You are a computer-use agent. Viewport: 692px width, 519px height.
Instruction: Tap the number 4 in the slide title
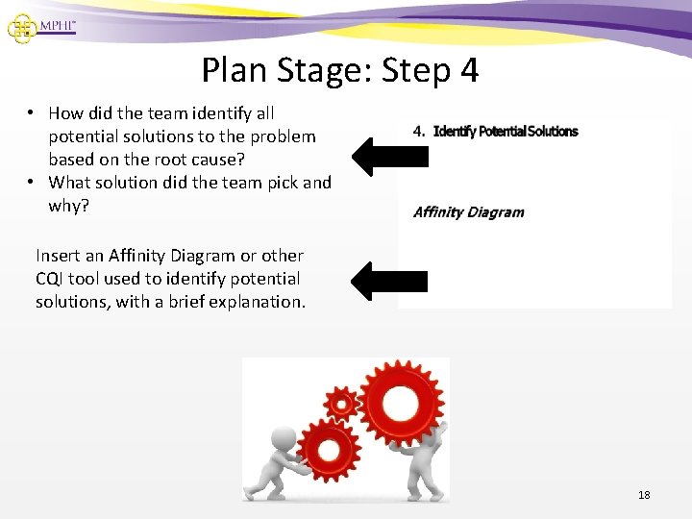(x=468, y=70)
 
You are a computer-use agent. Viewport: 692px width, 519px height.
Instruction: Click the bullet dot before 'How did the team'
(x=32, y=113)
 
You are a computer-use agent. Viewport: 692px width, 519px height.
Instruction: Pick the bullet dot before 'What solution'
(x=32, y=183)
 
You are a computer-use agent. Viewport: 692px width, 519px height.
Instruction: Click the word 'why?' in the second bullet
(x=68, y=206)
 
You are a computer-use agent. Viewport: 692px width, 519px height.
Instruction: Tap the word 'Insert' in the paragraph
(x=58, y=256)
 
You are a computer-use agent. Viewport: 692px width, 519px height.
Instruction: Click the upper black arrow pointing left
(x=388, y=154)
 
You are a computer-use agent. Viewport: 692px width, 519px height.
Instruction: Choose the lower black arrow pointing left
(x=388, y=281)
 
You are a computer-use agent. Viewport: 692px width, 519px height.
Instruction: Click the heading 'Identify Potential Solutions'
(x=506, y=131)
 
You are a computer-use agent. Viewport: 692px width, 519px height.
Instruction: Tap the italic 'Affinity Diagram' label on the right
(x=468, y=212)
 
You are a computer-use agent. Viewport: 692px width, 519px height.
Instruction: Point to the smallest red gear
(x=340, y=405)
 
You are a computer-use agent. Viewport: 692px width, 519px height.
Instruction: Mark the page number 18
(x=644, y=495)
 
